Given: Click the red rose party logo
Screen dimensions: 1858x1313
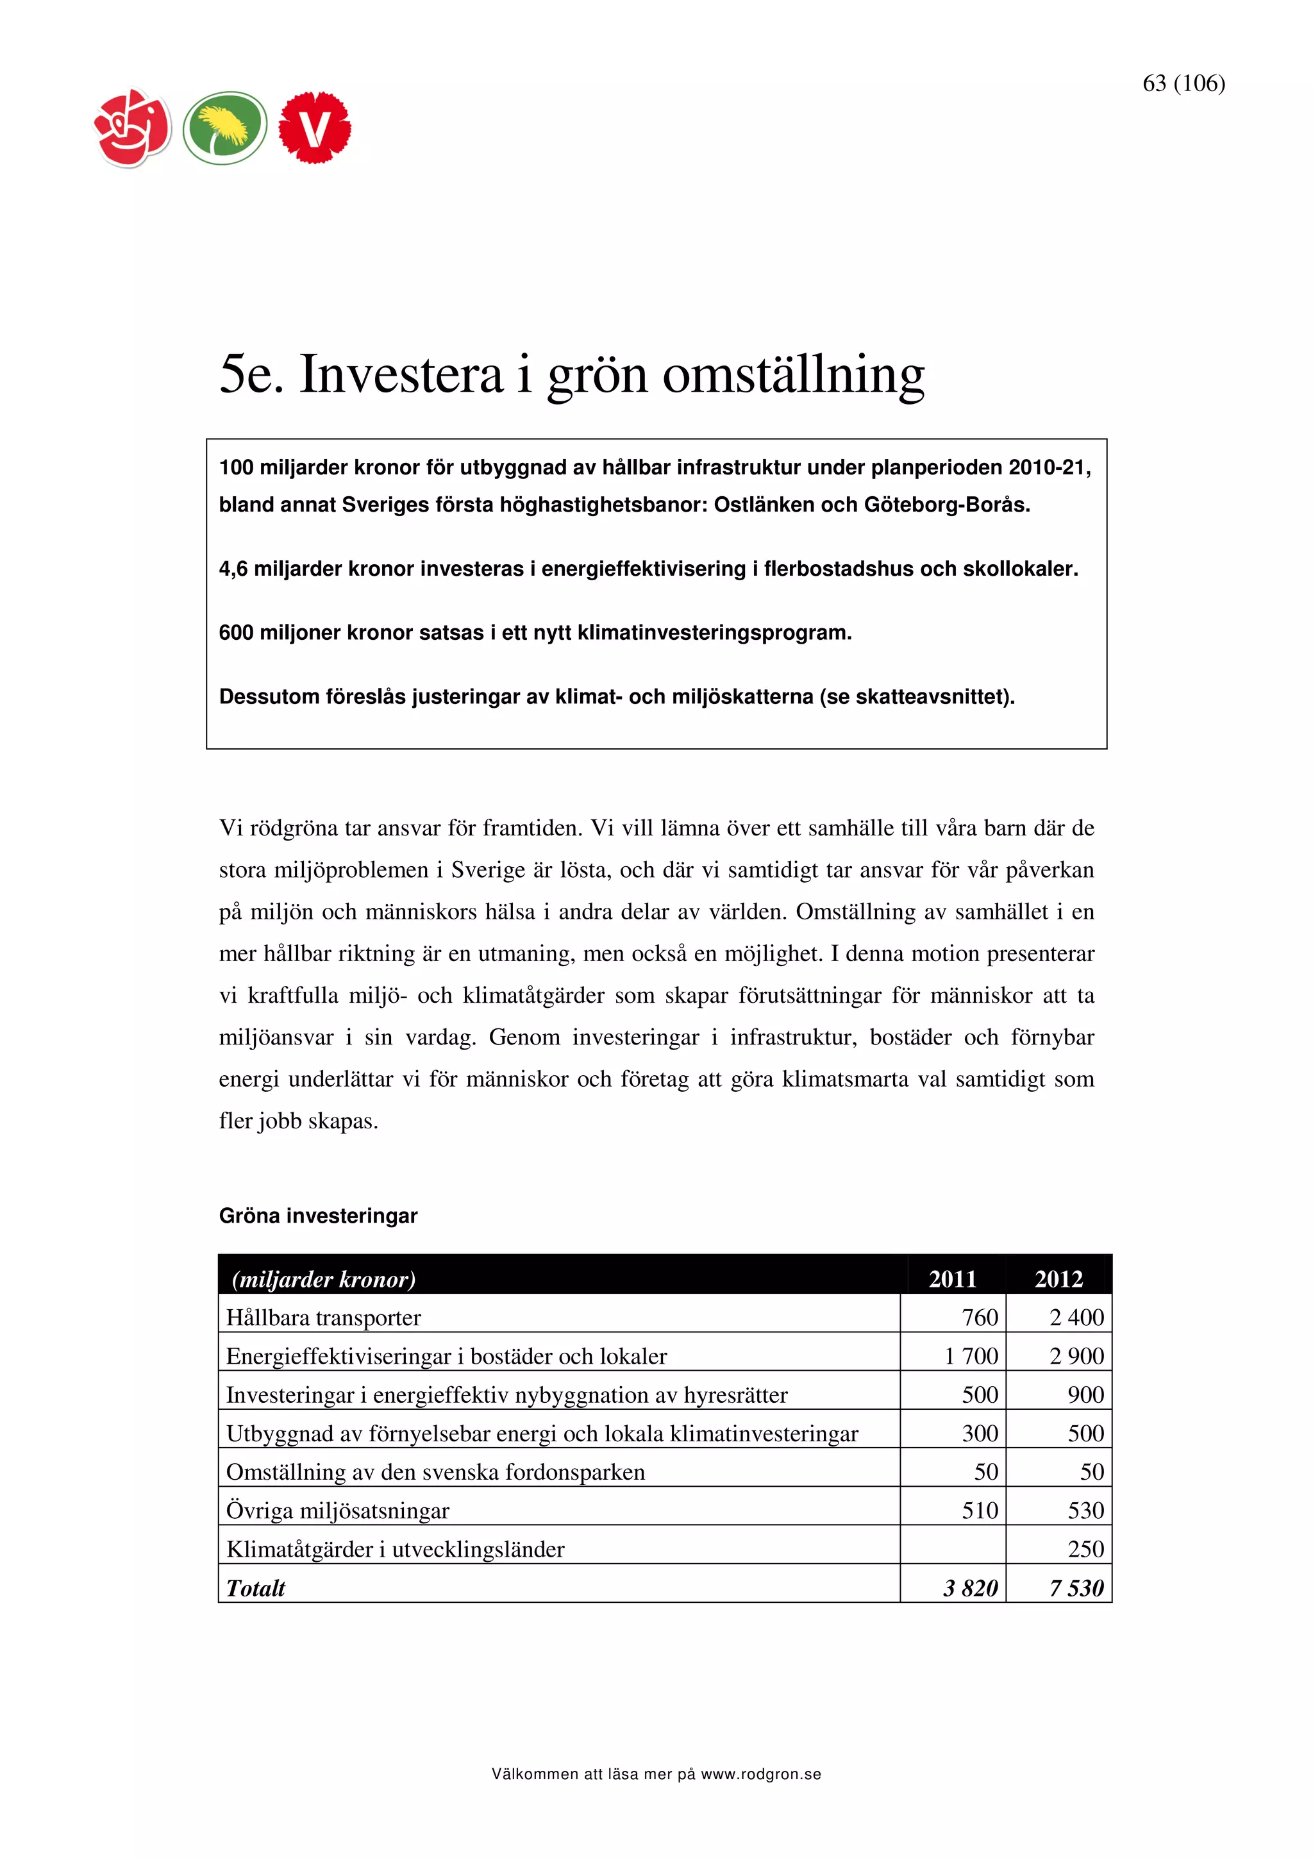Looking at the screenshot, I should pyautogui.click(x=133, y=128).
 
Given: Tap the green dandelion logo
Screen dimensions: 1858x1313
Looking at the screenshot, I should pyautogui.click(x=224, y=128).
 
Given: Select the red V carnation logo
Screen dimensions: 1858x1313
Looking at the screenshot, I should pyautogui.click(x=315, y=128).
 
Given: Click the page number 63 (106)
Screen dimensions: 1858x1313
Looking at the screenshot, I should pyautogui.click(x=1183, y=83).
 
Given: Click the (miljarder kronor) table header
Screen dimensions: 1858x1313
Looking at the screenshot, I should pyautogui.click(x=324, y=1280).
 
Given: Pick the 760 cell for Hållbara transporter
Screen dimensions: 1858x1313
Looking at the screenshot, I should pyautogui.click(x=979, y=1318).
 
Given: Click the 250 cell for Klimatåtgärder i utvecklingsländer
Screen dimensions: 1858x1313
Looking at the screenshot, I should pyautogui.click(x=1085, y=1549).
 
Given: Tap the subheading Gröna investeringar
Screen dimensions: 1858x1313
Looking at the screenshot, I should pyautogui.click(x=318, y=1216).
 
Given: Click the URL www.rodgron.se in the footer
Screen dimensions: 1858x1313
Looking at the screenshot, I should pyautogui.click(x=760, y=1775).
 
